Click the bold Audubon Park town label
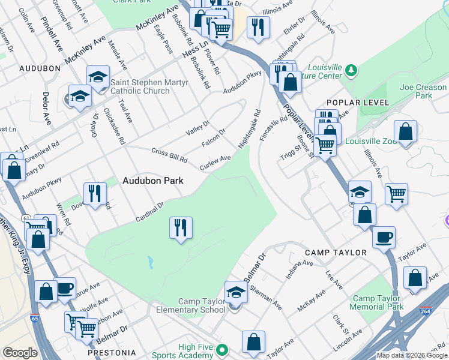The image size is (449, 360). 153,180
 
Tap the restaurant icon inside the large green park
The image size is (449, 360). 181,228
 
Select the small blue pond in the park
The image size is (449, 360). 149,262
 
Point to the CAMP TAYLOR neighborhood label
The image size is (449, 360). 336,253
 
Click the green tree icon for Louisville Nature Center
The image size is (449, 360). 351,72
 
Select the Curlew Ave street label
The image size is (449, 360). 215,162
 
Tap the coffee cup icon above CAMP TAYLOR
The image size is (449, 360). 384,236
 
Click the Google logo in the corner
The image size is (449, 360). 20,352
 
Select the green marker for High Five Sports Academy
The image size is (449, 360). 223,349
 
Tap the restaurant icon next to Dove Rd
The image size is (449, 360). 95,193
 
